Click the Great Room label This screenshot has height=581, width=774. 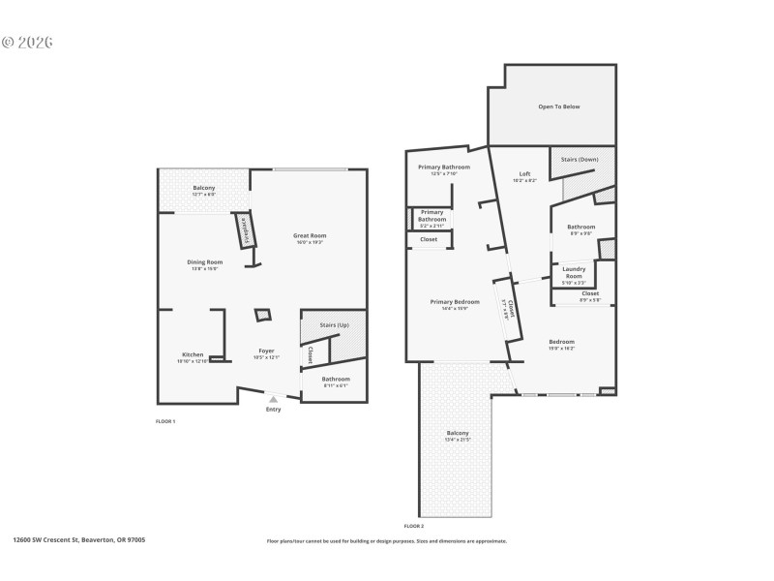(x=310, y=235)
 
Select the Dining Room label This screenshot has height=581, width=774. (x=204, y=262)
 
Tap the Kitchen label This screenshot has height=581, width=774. (x=193, y=354)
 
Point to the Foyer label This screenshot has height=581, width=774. (x=266, y=351)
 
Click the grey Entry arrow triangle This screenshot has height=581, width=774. (x=273, y=398)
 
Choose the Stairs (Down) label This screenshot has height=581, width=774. (x=580, y=158)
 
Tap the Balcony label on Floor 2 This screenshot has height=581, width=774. (x=457, y=433)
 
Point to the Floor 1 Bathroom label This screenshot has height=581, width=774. (x=336, y=379)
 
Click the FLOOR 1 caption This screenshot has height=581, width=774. (x=165, y=421)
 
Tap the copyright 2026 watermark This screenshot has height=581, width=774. (x=26, y=43)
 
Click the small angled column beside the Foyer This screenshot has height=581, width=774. (x=262, y=316)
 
